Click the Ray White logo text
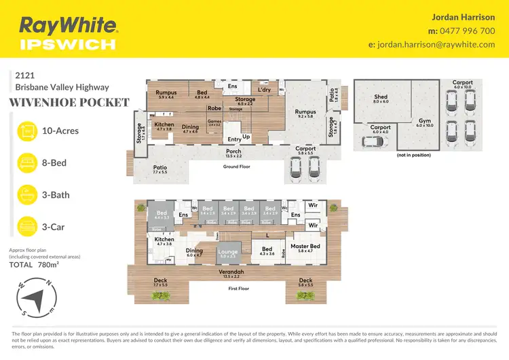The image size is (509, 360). point(69,26)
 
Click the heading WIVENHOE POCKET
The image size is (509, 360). point(69,103)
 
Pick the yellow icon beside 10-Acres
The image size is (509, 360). point(26,130)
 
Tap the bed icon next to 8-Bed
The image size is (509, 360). point(26,162)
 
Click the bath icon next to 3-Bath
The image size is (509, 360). point(26,194)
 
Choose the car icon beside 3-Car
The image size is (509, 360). point(26,226)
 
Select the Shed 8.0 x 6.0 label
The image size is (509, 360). point(381,99)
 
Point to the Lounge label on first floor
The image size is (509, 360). point(227,254)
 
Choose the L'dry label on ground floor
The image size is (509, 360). point(265,90)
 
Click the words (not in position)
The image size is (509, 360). point(415,156)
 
